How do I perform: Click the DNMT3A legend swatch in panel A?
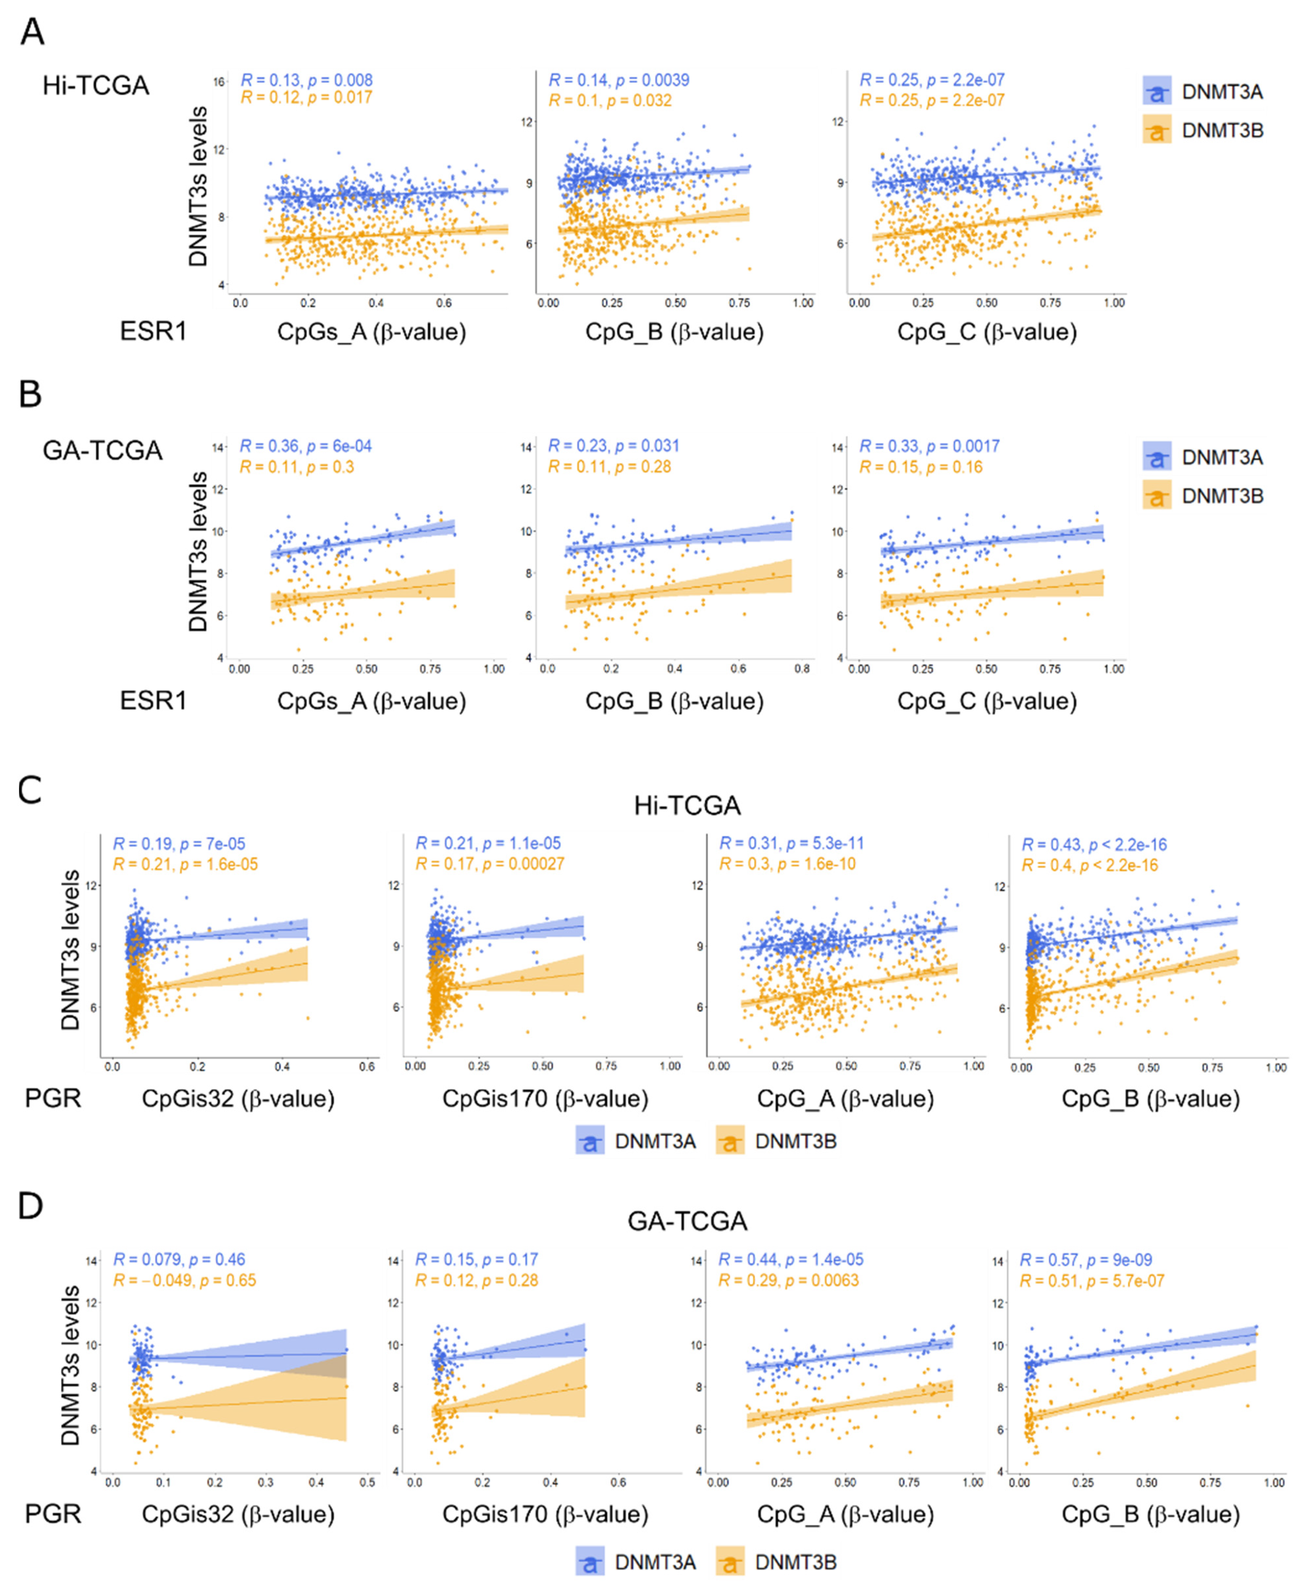tap(1157, 91)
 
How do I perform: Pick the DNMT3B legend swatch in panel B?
tap(1157, 496)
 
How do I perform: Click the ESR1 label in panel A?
tap(153, 331)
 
